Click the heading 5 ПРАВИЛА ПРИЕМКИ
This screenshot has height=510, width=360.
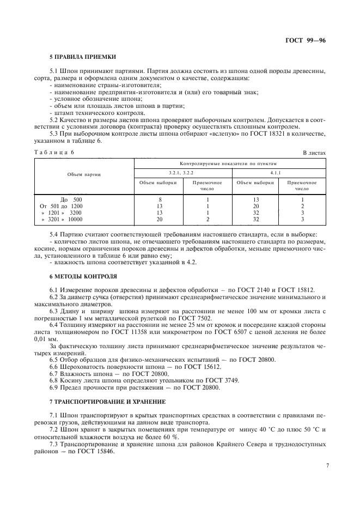coord(82,57)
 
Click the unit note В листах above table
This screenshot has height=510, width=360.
coord(314,153)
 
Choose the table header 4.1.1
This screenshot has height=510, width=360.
coord(279,173)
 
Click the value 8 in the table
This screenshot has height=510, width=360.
coord(160,199)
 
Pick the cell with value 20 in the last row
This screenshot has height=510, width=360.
coord(160,219)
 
